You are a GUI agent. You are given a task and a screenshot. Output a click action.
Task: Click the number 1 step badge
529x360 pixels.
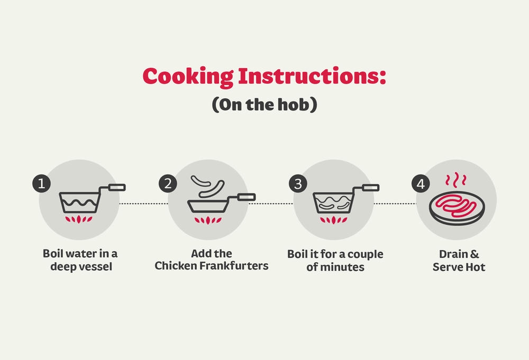[41, 184]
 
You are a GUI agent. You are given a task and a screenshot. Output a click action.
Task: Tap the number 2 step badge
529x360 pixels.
[168, 184]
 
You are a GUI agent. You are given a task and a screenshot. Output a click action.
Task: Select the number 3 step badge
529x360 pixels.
[298, 184]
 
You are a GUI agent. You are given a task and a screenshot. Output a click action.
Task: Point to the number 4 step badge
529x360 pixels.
[421, 184]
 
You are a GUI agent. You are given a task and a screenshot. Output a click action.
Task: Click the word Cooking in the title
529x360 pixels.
[188, 77]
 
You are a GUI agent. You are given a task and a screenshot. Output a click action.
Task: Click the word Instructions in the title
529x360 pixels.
[312, 76]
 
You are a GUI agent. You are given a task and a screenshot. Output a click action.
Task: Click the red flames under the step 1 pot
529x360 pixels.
[79, 219]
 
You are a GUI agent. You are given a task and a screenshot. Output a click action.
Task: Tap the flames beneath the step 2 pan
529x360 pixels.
[208, 220]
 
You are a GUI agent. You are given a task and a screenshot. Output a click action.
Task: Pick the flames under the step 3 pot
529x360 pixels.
[334, 220]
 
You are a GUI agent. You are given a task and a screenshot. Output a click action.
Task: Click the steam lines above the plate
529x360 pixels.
[456, 180]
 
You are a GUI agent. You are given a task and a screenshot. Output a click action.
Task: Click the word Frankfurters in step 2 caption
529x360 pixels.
[234, 265]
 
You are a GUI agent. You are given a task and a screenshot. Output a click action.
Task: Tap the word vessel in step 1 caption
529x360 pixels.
[95, 266]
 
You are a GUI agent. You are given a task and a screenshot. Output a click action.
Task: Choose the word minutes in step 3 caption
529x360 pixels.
[342, 267]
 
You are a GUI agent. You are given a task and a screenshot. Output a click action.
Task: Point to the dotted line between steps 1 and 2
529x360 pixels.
[144, 204]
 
